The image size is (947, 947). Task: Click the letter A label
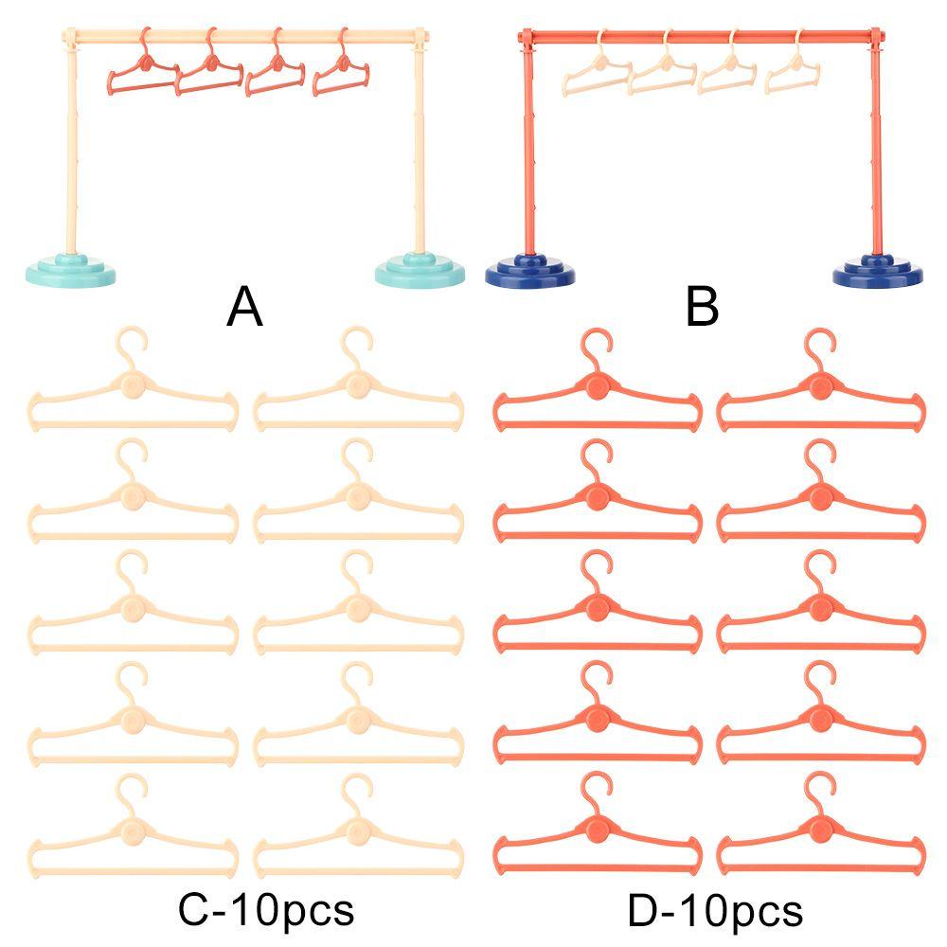244,308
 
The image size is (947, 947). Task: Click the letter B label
702,308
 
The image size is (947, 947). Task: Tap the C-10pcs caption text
266,910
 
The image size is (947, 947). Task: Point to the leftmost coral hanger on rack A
143,71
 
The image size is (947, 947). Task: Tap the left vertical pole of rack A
71,152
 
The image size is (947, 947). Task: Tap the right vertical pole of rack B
877,152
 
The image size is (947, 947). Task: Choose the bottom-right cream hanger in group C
358,833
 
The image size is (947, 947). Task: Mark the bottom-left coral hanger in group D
597,833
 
